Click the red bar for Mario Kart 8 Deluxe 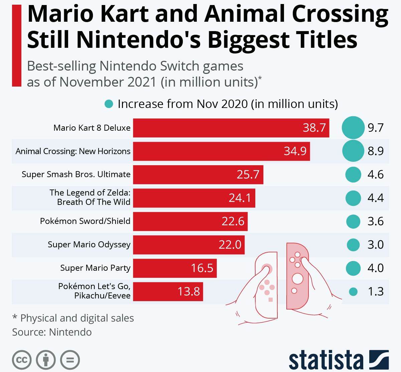click(231, 128)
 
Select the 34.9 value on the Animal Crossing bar click(295, 151)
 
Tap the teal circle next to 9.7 click(353, 128)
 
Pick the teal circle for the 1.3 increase click(353, 292)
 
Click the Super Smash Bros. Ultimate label click(76, 174)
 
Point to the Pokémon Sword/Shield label click(85, 221)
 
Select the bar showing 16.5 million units click(175, 268)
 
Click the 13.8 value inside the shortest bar click(188, 291)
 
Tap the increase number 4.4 click(375, 198)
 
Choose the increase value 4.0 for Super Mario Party click(375, 268)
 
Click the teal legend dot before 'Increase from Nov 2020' click(109, 104)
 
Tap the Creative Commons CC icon click(22, 360)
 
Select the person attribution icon click(46, 360)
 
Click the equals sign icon click(70, 360)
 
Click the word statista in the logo click(326, 360)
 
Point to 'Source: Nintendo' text click(52, 332)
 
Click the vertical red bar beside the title click(16, 45)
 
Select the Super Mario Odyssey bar click(189, 245)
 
